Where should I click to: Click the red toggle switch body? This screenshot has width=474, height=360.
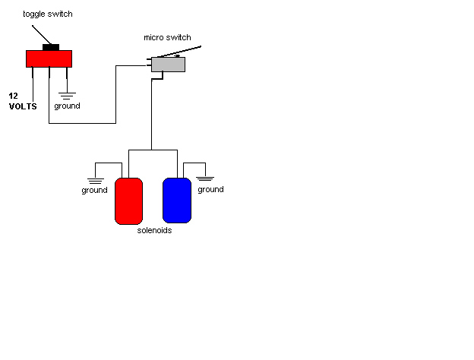(x=49, y=58)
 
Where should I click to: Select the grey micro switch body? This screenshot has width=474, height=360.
(x=168, y=65)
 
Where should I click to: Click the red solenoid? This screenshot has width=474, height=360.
(x=128, y=201)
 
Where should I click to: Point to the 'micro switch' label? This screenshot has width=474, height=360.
(x=167, y=37)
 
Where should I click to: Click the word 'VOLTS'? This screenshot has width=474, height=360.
(x=23, y=106)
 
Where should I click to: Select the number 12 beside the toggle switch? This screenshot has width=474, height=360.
(x=14, y=96)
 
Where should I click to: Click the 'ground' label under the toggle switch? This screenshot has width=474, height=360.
(x=67, y=106)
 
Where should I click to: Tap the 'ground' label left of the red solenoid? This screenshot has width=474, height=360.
(x=94, y=190)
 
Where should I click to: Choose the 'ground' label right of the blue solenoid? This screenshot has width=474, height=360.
(x=210, y=189)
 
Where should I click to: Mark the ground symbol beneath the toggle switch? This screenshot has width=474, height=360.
(x=67, y=96)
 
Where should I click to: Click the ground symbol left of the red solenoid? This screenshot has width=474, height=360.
(x=95, y=180)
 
